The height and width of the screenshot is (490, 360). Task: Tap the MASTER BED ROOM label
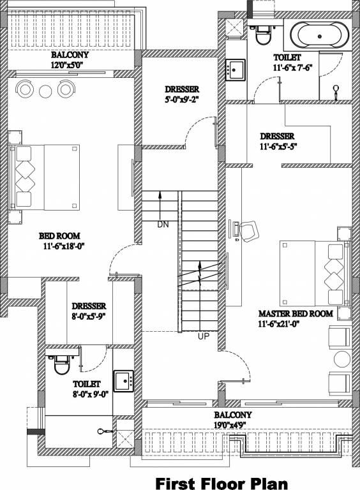[296, 313]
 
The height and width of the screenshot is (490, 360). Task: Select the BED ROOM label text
[59, 235]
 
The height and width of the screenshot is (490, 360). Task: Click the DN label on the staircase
[163, 224]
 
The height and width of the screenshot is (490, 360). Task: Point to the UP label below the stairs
[204, 336]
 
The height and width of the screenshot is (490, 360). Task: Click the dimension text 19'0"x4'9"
[232, 425]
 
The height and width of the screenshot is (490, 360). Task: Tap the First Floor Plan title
[221, 482]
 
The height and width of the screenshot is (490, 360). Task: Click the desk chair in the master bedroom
[250, 231]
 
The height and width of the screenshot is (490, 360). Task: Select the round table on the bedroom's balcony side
[45, 91]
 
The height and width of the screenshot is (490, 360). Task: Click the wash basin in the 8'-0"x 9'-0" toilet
[123, 381]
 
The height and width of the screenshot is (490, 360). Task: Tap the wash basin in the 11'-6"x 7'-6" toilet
[236, 70]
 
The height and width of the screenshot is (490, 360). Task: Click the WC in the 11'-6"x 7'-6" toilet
[262, 33]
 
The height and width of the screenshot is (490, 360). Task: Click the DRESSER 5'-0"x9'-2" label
[182, 94]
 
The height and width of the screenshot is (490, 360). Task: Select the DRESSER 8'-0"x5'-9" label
[89, 311]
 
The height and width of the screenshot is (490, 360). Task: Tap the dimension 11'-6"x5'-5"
[278, 146]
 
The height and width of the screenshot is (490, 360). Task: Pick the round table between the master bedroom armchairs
[343, 359]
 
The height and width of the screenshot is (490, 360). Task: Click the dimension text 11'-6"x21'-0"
[279, 323]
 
